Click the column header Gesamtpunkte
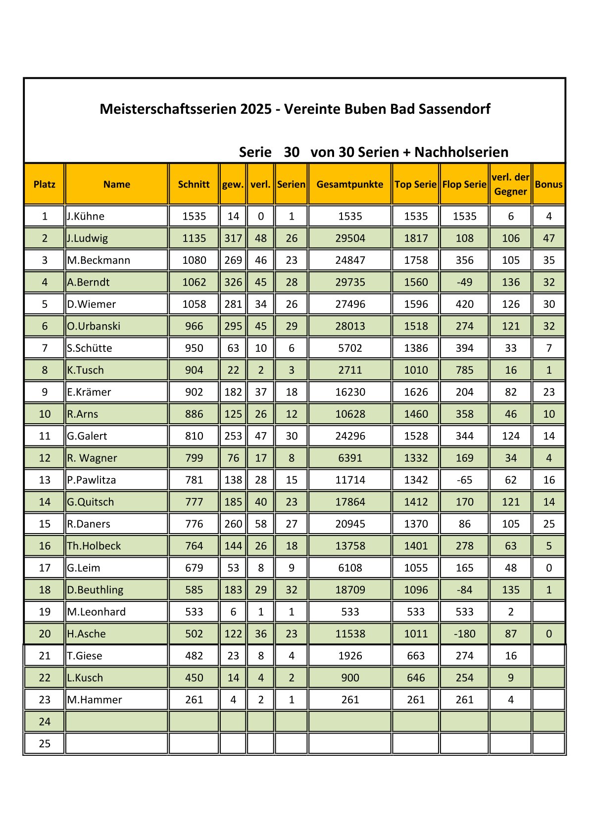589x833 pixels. point(349,185)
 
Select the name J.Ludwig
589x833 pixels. point(88,238)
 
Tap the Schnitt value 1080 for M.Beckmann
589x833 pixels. point(194,260)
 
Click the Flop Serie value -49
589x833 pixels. point(464,282)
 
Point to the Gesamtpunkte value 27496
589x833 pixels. point(349,304)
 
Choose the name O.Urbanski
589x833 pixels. point(94,326)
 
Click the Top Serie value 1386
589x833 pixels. point(415,348)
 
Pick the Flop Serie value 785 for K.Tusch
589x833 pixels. point(464,370)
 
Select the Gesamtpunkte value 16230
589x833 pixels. point(349,392)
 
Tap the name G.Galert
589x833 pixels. point(87,436)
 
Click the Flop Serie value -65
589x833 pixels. point(464,480)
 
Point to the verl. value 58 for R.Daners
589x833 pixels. point(260,524)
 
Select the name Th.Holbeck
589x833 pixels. point(94,546)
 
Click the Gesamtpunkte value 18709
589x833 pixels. point(349,589)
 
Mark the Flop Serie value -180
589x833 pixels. point(464,634)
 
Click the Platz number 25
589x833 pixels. point(45,743)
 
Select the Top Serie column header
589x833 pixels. point(415,185)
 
